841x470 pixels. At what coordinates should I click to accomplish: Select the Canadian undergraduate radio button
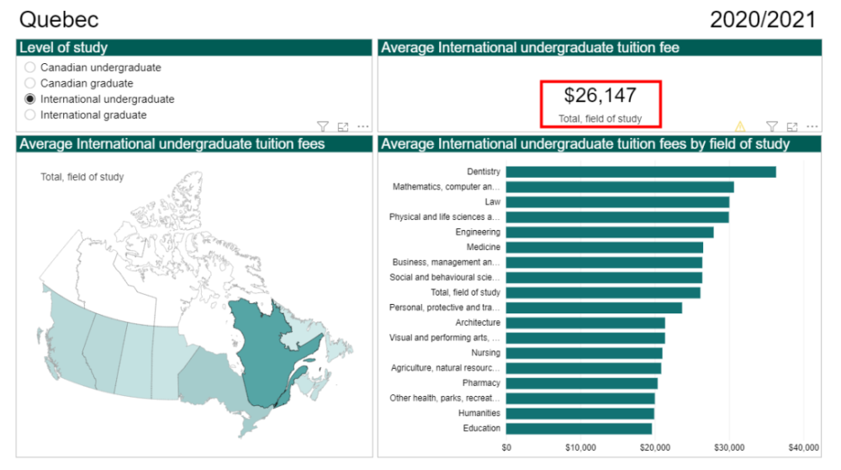point(31,67)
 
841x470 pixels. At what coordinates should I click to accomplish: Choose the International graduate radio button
point(31,115)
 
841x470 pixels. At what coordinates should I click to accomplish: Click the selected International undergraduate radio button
point(31,99)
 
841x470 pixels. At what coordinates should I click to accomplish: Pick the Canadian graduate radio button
point(31,83)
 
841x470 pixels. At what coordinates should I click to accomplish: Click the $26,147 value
point(600,95)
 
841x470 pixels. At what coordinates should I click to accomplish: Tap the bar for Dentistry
point(640,172)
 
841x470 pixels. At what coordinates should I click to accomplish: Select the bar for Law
point(617,202)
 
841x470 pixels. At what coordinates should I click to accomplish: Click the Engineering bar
point(609,232)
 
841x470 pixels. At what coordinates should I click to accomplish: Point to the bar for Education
point(579,429)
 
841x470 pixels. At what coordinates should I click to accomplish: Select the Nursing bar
point(584,353)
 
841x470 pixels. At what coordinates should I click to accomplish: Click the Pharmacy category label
point(481,383)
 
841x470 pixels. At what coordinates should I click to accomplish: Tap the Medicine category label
point(484,248)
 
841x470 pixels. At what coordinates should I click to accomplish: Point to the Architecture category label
point(478,323)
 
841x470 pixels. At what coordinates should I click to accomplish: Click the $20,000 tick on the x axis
point(655,447)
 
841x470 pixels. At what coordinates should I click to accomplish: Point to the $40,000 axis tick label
point(804,447)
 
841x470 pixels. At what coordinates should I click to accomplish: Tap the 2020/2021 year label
point(762,19)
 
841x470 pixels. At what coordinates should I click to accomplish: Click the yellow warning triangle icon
point(740,127)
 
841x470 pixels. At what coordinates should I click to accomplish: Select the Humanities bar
point(579,414)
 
